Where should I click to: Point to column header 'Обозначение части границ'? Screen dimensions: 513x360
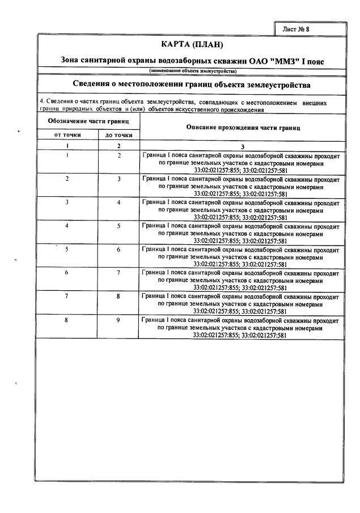coord(88,121)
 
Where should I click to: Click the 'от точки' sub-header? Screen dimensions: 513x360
coord(67,135)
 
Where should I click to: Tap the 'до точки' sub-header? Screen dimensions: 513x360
coord(119,135)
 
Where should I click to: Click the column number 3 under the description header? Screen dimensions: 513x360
coord(242,146)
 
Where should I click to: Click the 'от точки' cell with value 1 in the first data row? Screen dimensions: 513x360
coord(67,155)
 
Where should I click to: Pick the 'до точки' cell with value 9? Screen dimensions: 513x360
coord(119,320)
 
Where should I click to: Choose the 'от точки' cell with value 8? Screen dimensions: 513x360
coord(67,320)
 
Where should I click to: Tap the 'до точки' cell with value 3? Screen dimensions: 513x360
coord(119,179)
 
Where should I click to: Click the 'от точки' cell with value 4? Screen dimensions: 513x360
coord(67,226)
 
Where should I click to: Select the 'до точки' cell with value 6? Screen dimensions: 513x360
coord(119,249)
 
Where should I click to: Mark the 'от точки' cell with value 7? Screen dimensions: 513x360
coord(67,296)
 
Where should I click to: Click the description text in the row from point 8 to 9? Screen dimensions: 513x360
coord(241,327)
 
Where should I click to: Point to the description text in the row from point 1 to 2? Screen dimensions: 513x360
coord(241,162)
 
